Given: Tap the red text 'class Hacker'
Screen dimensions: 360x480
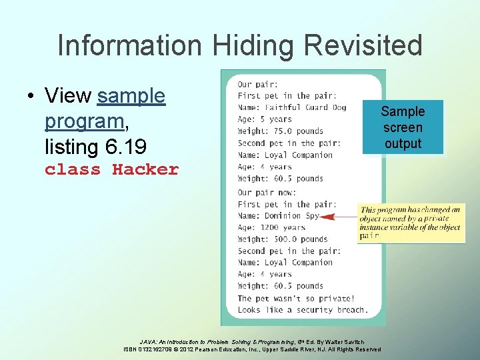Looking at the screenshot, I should (x=111, y=169).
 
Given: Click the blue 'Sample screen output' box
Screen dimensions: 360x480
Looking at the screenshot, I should (x=403, y=127).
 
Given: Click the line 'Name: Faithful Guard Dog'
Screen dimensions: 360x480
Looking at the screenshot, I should (x=292, y=107).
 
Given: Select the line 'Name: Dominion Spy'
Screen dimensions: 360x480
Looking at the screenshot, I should (x=279, y=216).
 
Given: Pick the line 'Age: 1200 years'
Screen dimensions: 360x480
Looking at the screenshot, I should (x=271, y=227).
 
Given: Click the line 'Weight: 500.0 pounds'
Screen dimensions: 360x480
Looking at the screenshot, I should (x=283, y=239).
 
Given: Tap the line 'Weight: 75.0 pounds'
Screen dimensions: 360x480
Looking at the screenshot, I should (x=280, y=131).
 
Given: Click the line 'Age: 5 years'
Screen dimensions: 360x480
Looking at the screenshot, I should (x=265, y=119).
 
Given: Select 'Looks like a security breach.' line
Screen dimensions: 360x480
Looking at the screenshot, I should (x=302, y=309).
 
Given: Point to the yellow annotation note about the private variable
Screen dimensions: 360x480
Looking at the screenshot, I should (x=410, y=222).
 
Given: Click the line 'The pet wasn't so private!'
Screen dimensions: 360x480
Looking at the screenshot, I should (x=296, y=298).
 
